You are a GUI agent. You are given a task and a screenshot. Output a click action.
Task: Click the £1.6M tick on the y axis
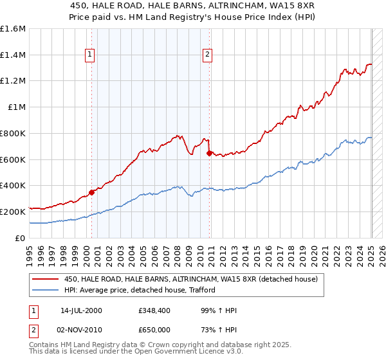coord(12,29)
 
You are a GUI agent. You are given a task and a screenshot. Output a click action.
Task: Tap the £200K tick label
coord(12,212)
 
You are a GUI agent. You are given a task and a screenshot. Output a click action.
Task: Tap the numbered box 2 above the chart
coord(208,55)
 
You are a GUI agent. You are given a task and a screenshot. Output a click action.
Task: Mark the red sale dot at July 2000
coord(92,192)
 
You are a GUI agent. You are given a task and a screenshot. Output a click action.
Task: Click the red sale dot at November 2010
coord(209,153)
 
